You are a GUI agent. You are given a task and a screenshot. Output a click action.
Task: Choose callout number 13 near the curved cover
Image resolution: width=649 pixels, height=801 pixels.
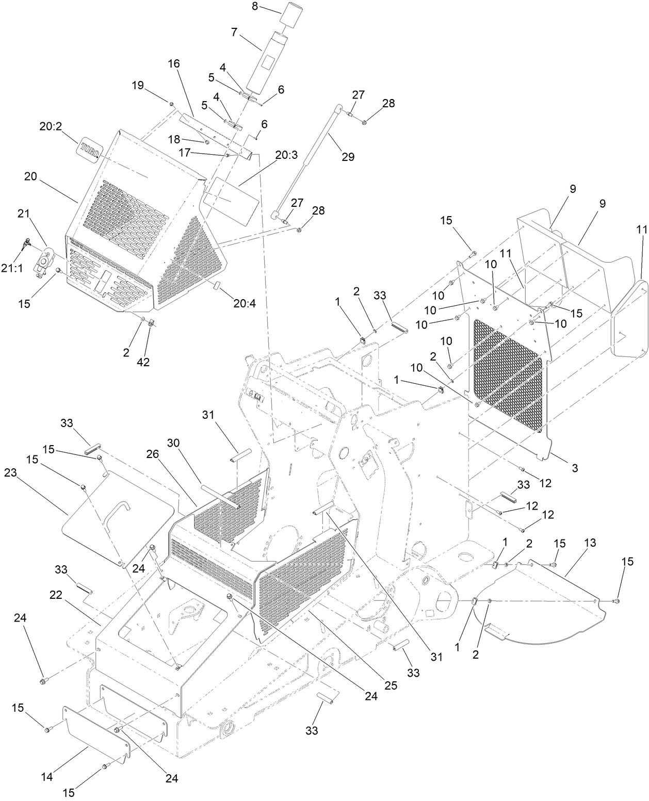590,543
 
